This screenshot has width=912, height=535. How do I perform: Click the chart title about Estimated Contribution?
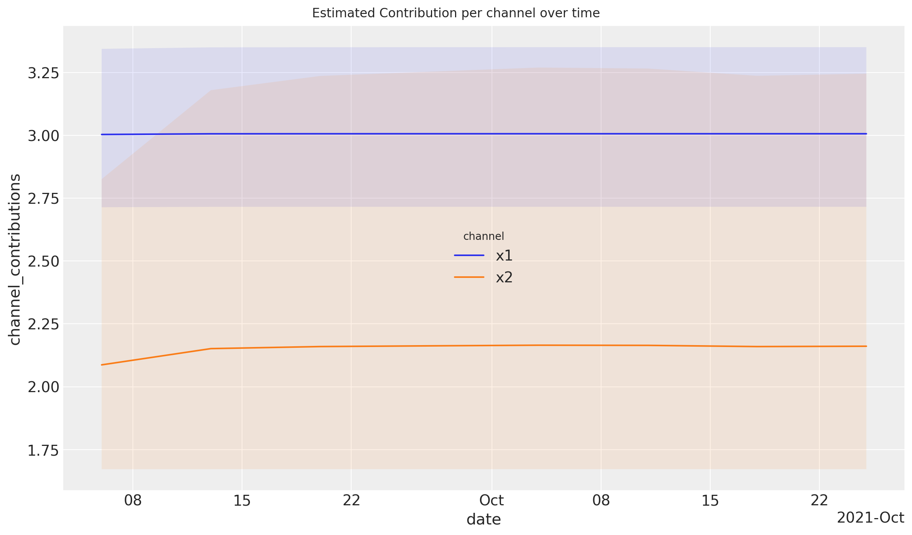point(455,13)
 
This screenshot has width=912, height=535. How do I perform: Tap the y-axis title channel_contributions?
point(15,259)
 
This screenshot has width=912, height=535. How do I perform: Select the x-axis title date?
point(484,520)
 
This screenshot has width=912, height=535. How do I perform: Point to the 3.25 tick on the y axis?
point(44,73)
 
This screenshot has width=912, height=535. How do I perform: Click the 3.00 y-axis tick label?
point(44,136)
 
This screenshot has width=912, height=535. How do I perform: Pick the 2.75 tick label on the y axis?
point(44,199)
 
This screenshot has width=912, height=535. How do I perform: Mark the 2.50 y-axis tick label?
point(44,261)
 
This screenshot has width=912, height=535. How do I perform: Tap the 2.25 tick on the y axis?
point(44,324)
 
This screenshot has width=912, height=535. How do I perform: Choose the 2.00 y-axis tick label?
point(44,387)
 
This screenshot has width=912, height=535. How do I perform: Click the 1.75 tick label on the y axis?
point(44,450)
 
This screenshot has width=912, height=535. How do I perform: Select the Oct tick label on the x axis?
point(492,500)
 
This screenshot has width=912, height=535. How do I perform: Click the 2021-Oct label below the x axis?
point(870,518)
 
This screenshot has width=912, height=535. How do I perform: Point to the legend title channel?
point(484,236)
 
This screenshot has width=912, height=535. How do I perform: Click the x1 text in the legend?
point(504,256)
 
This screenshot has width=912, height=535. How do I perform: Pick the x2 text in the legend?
point(504,277)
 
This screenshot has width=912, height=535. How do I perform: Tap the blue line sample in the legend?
point(469,255)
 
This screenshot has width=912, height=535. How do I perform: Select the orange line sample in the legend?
point(469,277)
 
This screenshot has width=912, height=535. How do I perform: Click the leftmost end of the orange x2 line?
point(102,365)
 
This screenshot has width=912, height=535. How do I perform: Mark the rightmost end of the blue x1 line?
point(866,134)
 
